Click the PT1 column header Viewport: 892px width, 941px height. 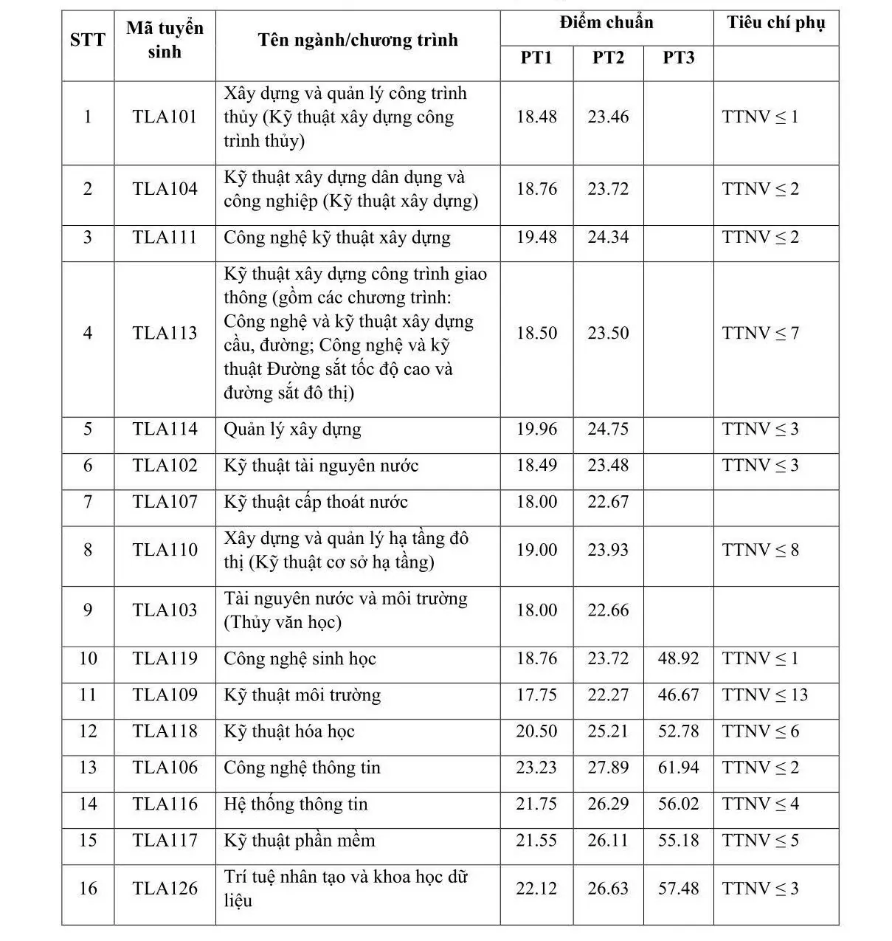(x=536, y=58)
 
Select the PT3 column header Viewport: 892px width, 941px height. (x=678, y=58)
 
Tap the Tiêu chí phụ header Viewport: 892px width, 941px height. (x=775, y=22)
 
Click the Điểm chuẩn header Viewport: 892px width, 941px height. (x=606, y=22)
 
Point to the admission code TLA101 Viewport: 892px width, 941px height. (x=165, y=117)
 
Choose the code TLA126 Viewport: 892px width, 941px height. (x=165, y=889)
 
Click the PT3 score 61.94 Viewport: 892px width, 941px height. (x=678, y=768)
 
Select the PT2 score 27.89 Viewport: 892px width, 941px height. (x=608, y=768)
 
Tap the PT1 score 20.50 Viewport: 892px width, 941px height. (x=536, y=731)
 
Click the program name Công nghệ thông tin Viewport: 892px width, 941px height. (x=302, y=768)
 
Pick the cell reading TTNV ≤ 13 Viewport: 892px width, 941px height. (x=765, y=695)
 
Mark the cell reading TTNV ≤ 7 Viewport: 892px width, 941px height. (x=760, y=334)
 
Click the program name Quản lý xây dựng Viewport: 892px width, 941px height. (x=292, y=430)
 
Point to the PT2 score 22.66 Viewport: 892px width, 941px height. (x=608, y=610)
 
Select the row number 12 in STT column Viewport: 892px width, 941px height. (x=88, y=731)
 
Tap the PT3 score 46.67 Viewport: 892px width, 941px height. (x=678, y=695)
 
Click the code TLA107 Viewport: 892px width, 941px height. (x=165, y=503)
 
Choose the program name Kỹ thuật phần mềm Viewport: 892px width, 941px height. (x=299, y=841)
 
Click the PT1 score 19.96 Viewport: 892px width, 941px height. (x=536, y=430)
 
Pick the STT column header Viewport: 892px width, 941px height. (x=88, y=40)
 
